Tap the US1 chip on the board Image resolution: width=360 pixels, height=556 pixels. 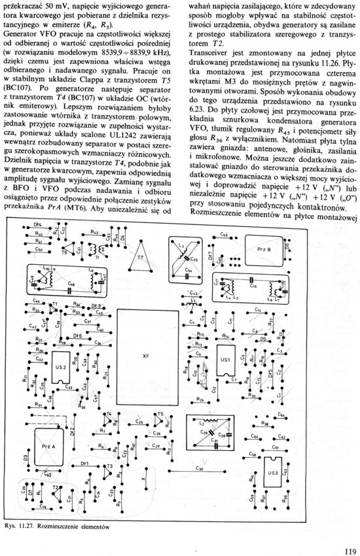[x=225, y=360]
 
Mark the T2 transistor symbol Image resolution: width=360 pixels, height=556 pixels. [x=56, y=489]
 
